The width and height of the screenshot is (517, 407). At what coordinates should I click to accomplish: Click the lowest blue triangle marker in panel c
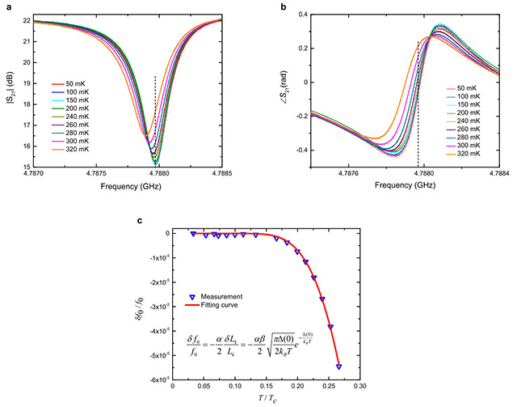tap(338, 367)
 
